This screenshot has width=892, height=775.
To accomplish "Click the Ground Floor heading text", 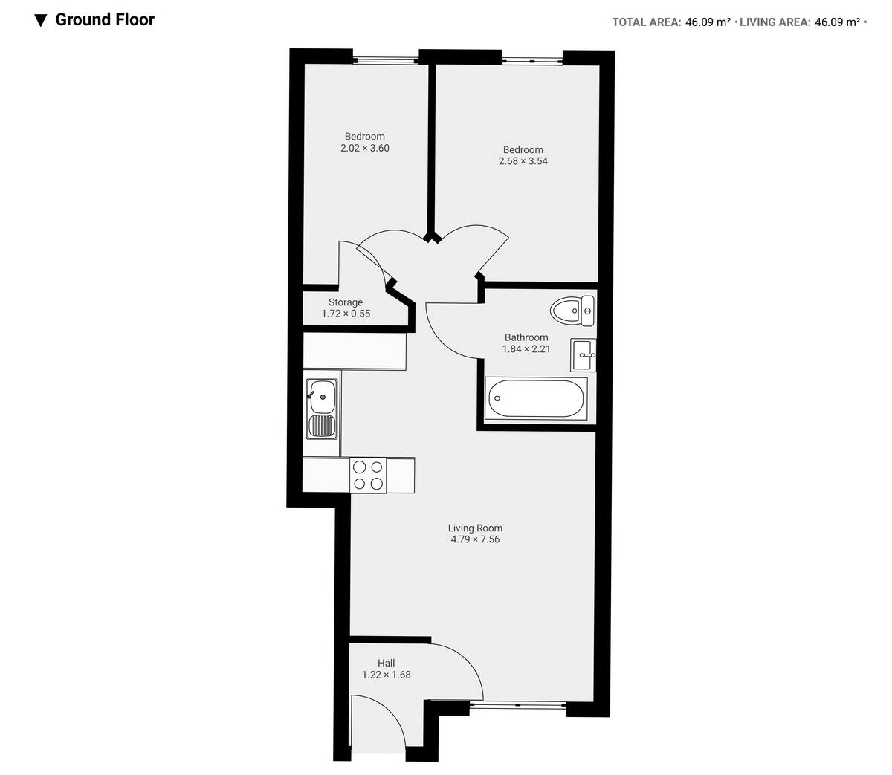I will (105, 20).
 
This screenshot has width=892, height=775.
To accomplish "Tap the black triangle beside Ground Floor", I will (41, 20).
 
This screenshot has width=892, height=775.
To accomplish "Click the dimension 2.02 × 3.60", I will (364, 148).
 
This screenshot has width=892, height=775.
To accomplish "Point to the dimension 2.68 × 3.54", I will (523, 160).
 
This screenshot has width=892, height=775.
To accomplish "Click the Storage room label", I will (346, 302).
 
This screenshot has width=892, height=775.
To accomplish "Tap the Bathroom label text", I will (526, 337).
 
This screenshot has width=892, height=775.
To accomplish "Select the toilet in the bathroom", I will (573, 309).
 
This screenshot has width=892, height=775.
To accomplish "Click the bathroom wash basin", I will (583, 355).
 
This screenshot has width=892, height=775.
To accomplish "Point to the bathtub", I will (535, 400).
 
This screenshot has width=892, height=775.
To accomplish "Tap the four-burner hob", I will (368, 476).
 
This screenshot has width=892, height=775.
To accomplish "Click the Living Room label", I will (475, 528).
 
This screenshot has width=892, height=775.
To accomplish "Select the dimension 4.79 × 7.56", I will (475, 539).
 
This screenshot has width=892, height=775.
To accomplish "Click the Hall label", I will (386, 663).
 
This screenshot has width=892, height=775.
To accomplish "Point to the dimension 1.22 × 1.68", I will (386, 675).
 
